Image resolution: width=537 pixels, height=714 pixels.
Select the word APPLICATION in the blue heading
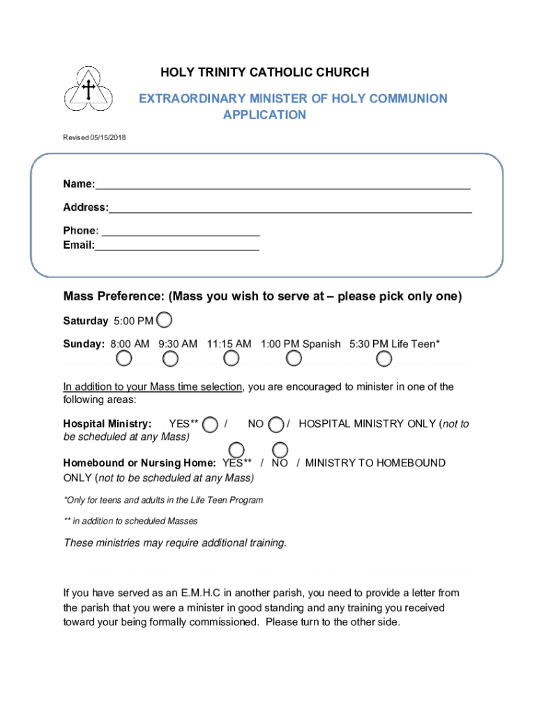click(x=264, y=115)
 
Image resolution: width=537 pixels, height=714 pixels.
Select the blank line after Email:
click(x=177, y=246)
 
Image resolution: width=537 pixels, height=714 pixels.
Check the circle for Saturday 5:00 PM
click(x=165, y=320)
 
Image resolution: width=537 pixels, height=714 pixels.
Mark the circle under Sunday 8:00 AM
click(x=123, y=358)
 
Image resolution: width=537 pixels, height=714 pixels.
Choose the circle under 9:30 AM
click(x=170, y=358)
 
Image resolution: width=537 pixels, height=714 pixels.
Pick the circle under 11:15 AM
click(x=232, y=358)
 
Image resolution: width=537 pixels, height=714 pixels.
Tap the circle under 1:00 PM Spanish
click(x=294, y=358)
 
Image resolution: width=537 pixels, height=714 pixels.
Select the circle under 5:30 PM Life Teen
click(x=384, y=358)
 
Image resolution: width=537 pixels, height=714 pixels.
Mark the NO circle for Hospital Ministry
click(x=276, y=425)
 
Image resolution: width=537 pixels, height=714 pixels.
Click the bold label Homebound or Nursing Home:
click(x=139, y=463)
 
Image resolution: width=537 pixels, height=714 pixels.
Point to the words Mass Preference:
click(x=114, y=296)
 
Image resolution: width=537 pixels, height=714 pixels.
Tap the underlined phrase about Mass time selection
click(x=152, y=387)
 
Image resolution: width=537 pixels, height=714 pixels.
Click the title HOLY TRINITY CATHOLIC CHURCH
click(x=265, y=73)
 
